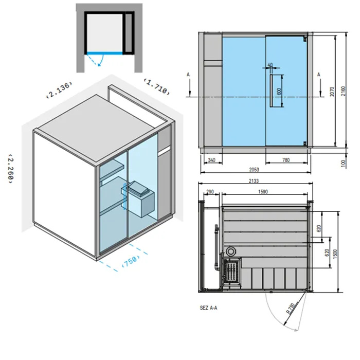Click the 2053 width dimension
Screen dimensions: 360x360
click(x=254, y=169)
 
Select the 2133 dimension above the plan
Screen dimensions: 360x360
click(x=254, y=181)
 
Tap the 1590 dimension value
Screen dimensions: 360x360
click(x=263, y=191)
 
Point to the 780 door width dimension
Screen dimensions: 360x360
click(x=286, y=160)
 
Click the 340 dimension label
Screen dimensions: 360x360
click(x=211, y=160)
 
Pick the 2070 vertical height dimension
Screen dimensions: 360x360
click(x=332, y=92)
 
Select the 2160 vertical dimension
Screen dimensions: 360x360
click(x=343, y=91)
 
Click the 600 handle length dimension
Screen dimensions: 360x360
click(x=279, y=91)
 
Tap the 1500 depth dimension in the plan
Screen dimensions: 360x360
click(x=335, y=254)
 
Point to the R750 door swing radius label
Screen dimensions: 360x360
click(x=291, y=309)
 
